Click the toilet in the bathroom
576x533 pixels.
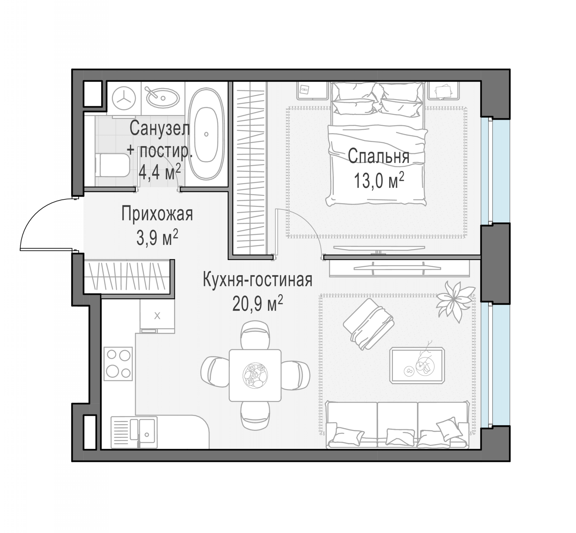[x=112, y=165]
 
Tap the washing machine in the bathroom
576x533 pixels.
[x=124, y=98]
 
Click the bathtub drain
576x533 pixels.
[x=206, y=134]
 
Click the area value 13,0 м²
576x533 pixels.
[x=379, y=180]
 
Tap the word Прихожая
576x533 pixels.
[x=157, y=214]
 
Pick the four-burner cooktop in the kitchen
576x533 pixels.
[x=118, y=364]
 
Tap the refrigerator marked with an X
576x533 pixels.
[x=157, y=316]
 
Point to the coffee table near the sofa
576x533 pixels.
[x=417, y=365]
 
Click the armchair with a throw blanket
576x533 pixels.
[x=368, y=324]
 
